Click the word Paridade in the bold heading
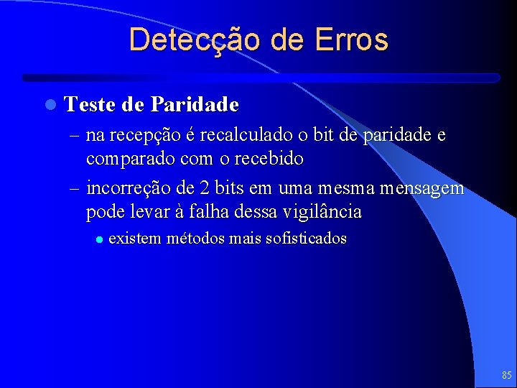[x=195, y=105]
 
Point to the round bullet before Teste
[x=49, y=105]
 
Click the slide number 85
[x=507, y=375]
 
